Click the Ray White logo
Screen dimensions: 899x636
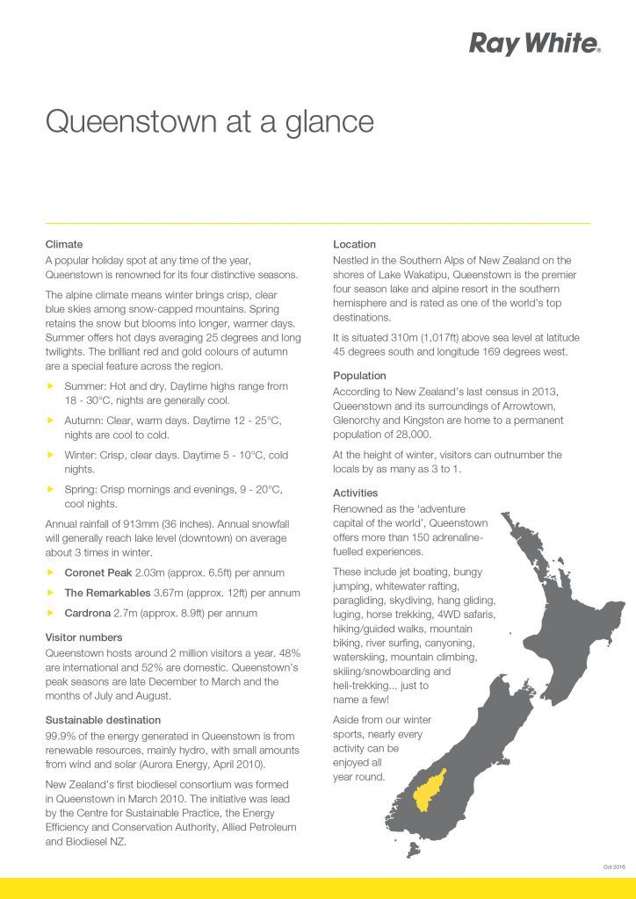(534, 43)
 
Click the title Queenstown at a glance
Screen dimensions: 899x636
(209, 121)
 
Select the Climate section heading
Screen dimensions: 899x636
(64, 244)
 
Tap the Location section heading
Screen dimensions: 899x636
(354, 244)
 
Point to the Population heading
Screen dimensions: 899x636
(359, 376)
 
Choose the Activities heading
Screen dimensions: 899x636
(355, 493)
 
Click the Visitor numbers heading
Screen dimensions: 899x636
(83, 637)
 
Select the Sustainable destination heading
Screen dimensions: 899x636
(102, 720)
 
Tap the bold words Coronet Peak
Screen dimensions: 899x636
(98, 572)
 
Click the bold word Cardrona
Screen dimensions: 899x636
(87, 613)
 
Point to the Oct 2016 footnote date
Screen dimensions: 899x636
(613, 867)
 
